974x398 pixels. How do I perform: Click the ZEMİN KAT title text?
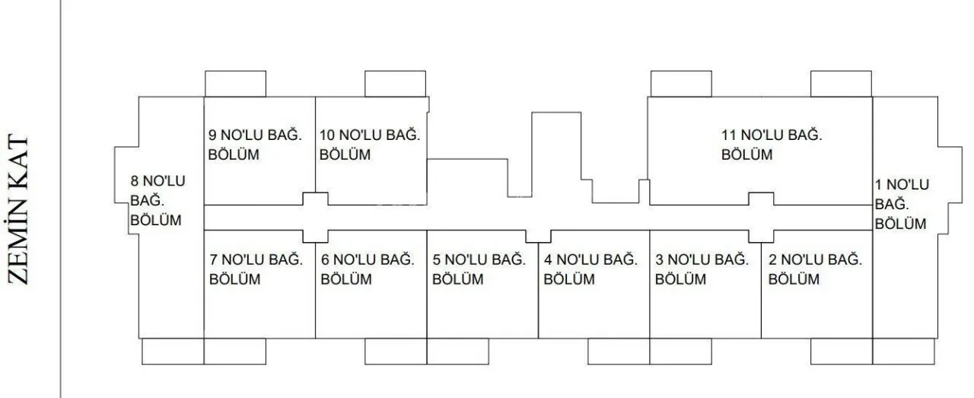[18, 210]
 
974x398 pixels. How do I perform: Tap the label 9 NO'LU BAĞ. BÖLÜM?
[255, 145]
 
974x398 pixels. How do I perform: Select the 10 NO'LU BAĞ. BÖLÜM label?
[370, 145]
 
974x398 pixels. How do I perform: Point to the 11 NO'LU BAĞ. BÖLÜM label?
[772, 145]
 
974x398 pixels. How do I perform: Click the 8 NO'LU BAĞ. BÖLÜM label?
[158, 201]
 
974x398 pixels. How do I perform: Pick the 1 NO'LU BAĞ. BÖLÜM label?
[902, 204]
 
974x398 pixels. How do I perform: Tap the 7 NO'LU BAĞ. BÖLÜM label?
[256, 269]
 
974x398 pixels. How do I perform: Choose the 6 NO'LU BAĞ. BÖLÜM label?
[368, 269]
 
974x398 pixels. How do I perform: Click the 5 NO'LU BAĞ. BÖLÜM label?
[479, 269]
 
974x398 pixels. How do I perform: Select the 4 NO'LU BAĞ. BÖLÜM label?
[590, 269]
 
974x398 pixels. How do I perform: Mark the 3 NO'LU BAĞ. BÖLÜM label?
[702, 269]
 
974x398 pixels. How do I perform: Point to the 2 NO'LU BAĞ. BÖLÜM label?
[815, 269]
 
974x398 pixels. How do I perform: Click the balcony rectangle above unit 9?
[235, 84]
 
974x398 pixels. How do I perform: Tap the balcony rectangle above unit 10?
[395, 84]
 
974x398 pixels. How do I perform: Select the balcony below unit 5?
[458, 352]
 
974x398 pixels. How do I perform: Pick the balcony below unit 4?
[619, 352]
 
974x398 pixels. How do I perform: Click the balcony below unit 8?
[173, 352]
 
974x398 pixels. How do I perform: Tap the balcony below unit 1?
[903, 352]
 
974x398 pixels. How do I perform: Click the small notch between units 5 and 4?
[538, 236]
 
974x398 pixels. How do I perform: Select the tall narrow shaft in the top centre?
[556, 154]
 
